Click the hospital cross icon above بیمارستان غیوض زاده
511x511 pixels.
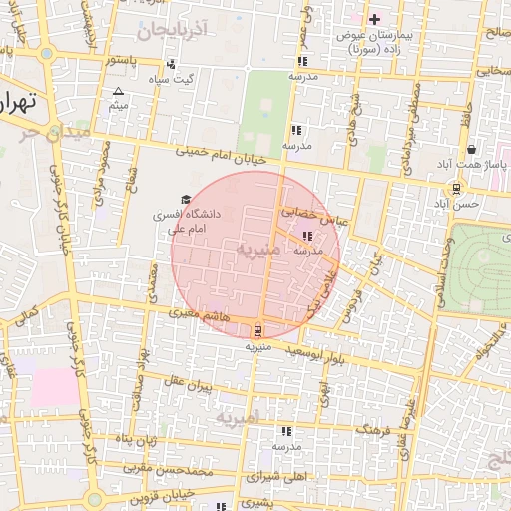375,19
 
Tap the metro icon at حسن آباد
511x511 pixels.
456,187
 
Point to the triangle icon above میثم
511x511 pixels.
119,91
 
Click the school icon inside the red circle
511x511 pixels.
305,238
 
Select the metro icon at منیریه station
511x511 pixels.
259,330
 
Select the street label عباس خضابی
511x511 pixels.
311,214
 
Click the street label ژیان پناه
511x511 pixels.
136,439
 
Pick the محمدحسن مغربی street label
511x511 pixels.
171,468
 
